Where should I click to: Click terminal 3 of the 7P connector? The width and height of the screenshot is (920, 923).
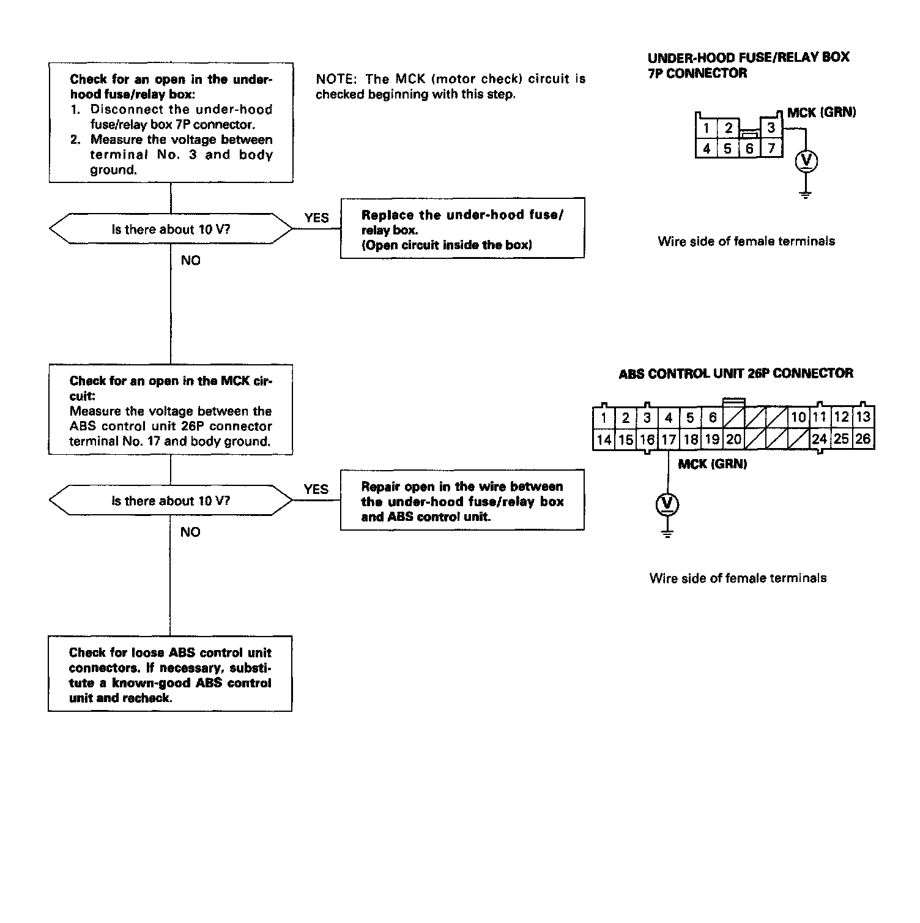[x=771, y=127]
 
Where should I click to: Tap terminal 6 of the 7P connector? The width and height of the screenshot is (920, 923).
[x=749, y=148]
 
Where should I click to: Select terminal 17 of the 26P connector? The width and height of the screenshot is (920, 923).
[x=669, y=439]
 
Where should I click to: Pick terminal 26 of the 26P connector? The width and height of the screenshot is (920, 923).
[x=862, y=439]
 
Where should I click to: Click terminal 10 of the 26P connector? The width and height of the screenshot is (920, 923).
[x=798, y=417]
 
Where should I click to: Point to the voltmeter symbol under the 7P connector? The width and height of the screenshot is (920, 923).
[x=806, y=161]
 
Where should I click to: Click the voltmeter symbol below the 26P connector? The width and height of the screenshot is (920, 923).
[x=667, y=504]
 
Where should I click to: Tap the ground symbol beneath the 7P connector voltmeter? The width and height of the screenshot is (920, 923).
[x=806, y=195]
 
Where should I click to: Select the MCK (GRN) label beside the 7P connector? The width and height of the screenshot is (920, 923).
[x=821, y=113]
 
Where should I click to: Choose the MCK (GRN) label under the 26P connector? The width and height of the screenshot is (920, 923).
[x=712, y=464]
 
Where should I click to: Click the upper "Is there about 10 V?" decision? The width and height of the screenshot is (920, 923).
[x=171, y=230]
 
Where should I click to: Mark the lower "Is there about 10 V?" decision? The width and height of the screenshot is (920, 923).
[x=171, y=501]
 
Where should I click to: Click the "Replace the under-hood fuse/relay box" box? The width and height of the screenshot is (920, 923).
[x=462, y=228]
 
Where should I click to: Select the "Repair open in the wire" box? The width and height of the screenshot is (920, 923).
[x=462, y=500]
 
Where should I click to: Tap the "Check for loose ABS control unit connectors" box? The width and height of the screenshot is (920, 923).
[x=170, y=674]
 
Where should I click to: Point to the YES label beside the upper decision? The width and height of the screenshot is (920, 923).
[x=316, y=218]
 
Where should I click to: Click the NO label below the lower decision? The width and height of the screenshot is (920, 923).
[x=190, y=532]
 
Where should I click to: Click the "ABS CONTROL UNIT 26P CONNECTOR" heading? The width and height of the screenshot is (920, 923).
[x=735, y=373]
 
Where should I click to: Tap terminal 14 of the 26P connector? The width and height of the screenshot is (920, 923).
[x=603, y=439]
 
